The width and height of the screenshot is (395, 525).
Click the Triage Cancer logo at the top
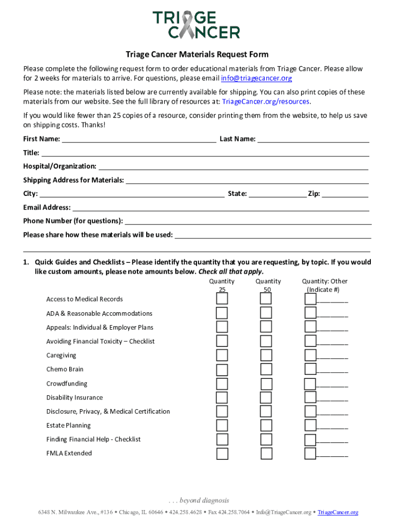(196, 25)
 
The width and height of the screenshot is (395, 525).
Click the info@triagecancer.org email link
(256, 78)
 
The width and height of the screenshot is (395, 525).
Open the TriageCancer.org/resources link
(265, 102)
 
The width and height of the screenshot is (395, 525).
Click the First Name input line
(139, 138)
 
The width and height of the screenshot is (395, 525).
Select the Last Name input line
(313, 138)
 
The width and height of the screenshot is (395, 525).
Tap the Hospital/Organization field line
(233, 166)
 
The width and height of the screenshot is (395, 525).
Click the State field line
(277, 194)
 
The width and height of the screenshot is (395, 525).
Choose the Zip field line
(345, 194)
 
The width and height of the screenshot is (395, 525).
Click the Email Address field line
(220, 208)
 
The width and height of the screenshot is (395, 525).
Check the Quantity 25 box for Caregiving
(222, 355)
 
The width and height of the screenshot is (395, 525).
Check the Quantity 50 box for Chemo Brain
(266, 370)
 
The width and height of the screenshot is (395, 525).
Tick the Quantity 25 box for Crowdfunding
(222, 383)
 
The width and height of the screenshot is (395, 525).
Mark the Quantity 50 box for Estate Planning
(266, 426)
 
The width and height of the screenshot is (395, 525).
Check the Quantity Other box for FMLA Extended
(310, 453)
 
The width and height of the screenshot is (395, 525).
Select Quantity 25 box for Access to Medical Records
(222, 299)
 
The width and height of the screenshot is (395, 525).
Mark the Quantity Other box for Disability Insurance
(310, 397)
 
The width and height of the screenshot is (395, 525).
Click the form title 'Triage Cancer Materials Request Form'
(197, 55)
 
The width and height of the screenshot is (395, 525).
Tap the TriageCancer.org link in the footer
(338, 512)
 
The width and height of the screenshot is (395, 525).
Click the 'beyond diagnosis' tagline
(197, 500)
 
